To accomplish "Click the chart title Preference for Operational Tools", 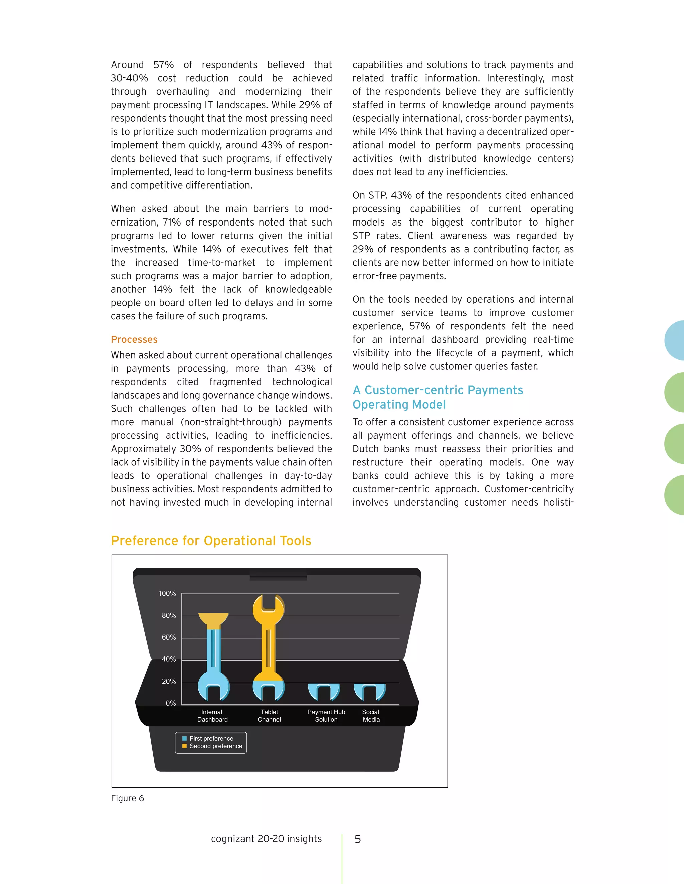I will pos(211,541).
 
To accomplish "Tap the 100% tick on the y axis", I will pos(167,593).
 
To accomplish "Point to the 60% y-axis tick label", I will pos(169,637).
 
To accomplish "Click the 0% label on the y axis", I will pos(171,703).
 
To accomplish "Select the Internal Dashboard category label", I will pos(212,715).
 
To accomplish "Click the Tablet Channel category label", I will pos(269,715).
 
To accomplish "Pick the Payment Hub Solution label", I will pos(326,715).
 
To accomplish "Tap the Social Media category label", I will pos(371,715).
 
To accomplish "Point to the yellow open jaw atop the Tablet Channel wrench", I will pos(269,607).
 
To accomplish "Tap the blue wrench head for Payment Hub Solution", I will pos(323,691).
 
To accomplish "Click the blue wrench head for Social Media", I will pos(370,691).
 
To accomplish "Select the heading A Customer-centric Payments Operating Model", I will pos(438,397).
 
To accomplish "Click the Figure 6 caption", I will pos(127,798).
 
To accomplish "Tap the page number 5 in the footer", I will pos(357,839).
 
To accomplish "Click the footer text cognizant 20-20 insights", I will pos(266,839).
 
